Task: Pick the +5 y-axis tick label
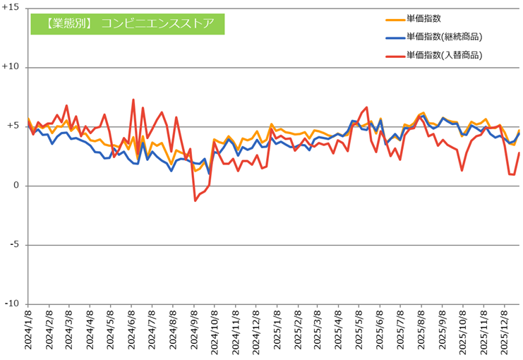coord(13,127)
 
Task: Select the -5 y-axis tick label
coord(15,245)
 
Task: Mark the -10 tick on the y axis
coord(12,304)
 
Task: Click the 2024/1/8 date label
coord(28,332)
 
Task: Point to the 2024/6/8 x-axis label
coord(132,332)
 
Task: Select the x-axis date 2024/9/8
coord(195,332)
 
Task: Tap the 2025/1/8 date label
coord(277,332)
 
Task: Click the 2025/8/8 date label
coord(422,332)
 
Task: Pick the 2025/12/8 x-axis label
coord(505,332)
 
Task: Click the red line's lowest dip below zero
coord(195,200)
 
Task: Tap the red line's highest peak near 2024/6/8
coord(133,100)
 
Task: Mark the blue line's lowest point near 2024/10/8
coord(209,173)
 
